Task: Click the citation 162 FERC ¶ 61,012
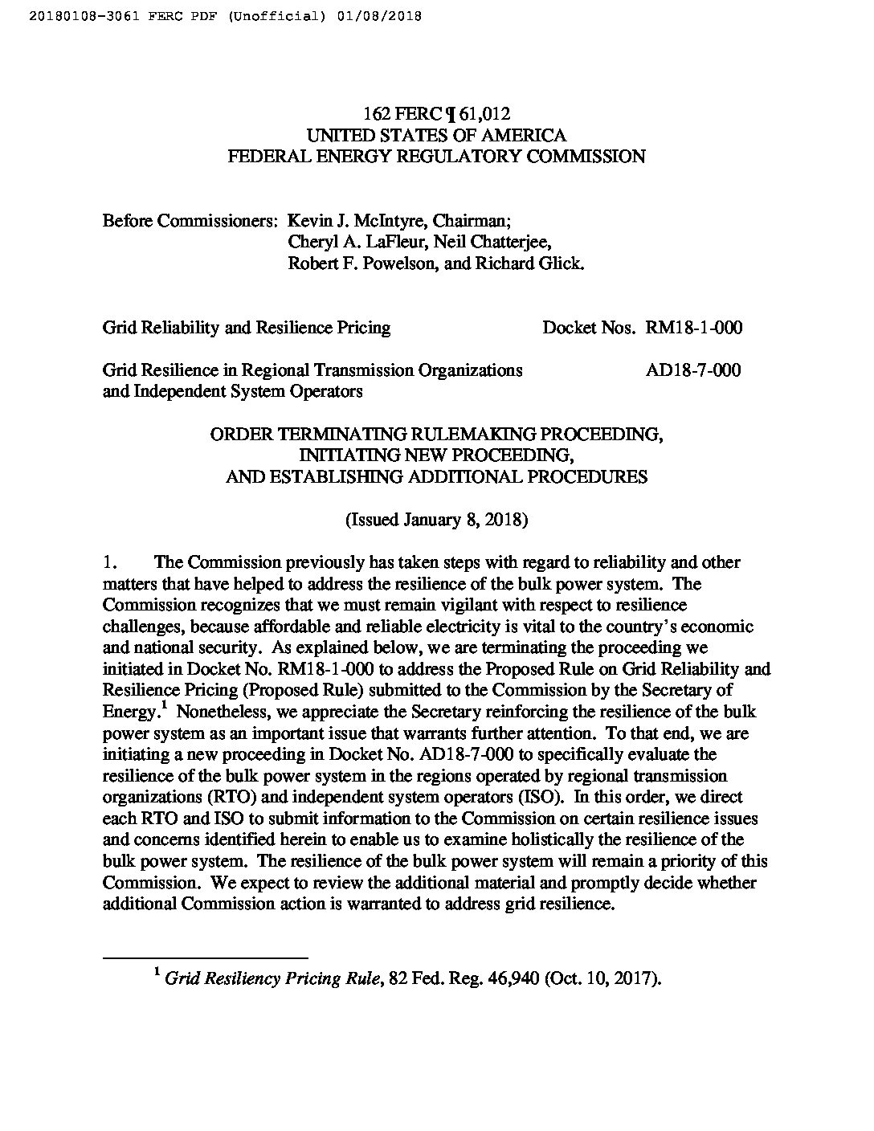click(x=436, y=114)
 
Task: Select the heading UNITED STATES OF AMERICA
click(x=436, y=135)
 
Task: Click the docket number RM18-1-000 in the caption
click(x=693, y=328)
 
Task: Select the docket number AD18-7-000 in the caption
click(x=693, y=370)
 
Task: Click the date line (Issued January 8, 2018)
click(x=436, y=520)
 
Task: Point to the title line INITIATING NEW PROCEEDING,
click(x=436, y=455)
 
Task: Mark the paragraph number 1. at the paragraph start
click(x=111, y=562)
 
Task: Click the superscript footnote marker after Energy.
click(x=163, y=707)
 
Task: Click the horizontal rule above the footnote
click(x=206, y=957)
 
